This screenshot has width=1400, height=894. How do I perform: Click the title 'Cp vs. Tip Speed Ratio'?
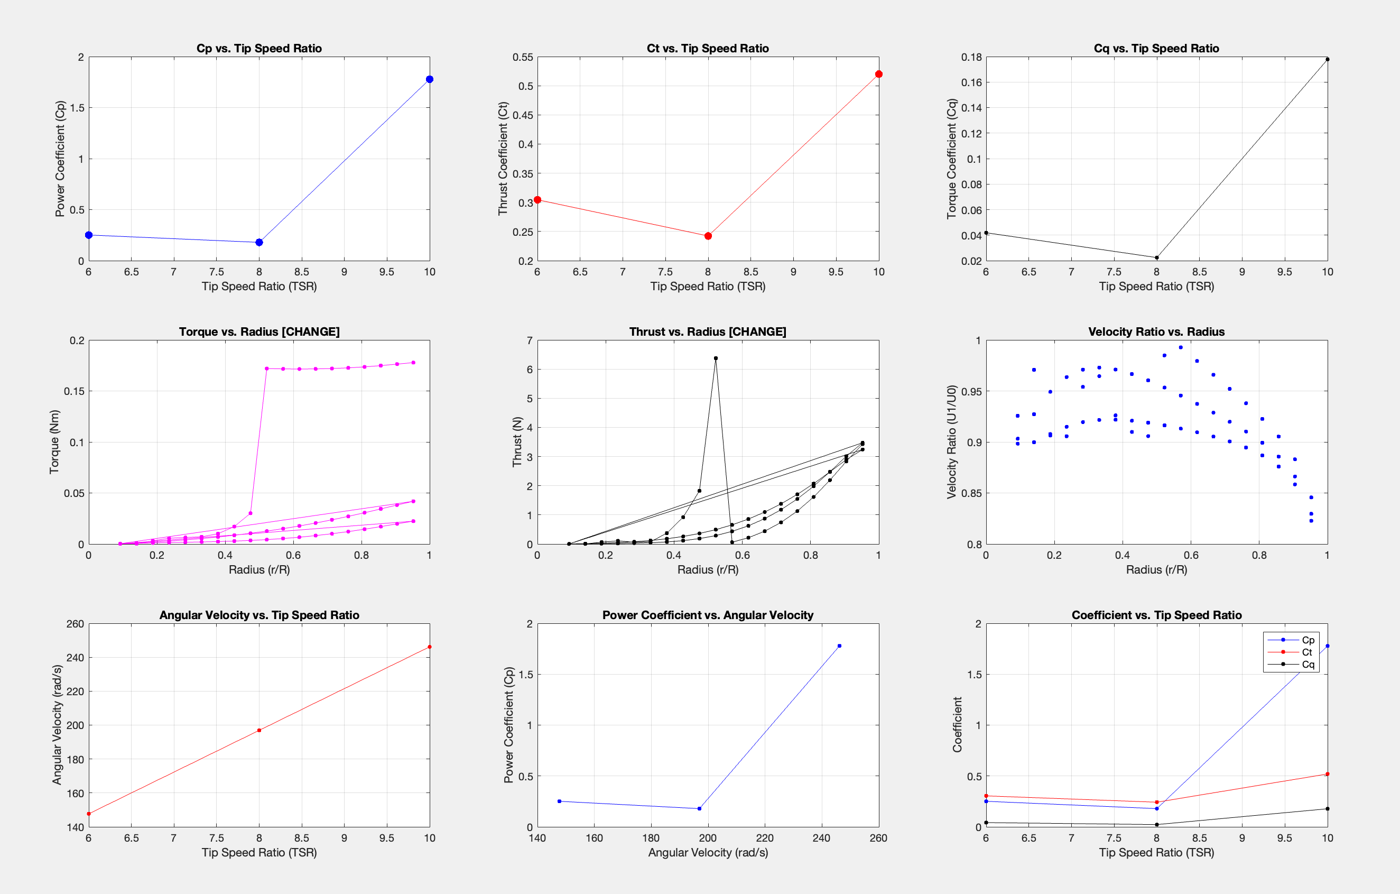pyautogui.click(x=259, y=48)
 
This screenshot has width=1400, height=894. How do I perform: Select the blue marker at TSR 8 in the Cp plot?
pyautogui.click(x=259, y=243)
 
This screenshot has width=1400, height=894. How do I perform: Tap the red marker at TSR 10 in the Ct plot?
pyautogui.click(x=878, y=75)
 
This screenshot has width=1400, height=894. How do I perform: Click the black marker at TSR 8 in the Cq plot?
pyautogui.click(x=1156, y=257)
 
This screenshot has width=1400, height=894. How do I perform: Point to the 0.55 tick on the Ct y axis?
pyautogui.click(x=523, y=57)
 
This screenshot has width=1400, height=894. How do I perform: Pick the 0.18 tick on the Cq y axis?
pyautogui.click(x=971, y=57)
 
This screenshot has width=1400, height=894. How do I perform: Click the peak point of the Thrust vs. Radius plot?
pyautogui.click(x=716, y=358)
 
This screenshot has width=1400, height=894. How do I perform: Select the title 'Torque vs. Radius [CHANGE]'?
pyautogui.click(x=259, y=331)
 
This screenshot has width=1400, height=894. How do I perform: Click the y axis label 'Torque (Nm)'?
pyautogui.click(x=54, y=442)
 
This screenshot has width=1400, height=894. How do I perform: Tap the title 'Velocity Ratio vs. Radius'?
pyautogui.click(x=1156, y=331)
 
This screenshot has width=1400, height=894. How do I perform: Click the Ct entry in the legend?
pyautogui.click(x=1306, y=652)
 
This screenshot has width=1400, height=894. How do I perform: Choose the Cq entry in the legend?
pyautogui.click(x=1308, y=664)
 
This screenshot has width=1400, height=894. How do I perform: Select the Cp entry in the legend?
pyautogui.click(x=1308, y=640)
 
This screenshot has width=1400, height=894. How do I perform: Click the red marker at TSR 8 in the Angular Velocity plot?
pyautogui.click(x=259, y=730)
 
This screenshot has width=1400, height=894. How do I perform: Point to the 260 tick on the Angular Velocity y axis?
pyautogui.click(x=75, y=623)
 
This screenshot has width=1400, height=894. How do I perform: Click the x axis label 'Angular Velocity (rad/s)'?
pyautogui.click(x=708, y=852)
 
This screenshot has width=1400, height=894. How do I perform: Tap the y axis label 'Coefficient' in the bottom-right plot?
pyautogui.click(x=957, y=725)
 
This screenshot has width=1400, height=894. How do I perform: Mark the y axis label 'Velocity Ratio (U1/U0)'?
pyautogui.click(x=952, y=442)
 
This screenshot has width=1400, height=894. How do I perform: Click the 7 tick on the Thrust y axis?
pyautogui.click(x=529, y=340)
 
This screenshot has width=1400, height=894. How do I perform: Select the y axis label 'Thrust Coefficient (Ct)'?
pyautogui.click(x=503, y=159)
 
